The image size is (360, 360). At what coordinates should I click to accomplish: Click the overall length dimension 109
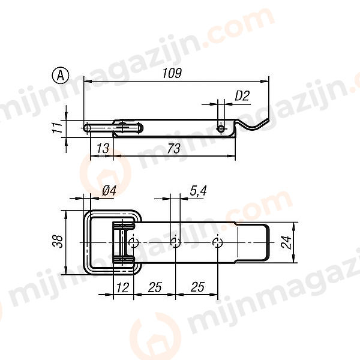(x=172, y=73)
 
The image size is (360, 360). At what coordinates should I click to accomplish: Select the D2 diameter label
(x=242, y=95)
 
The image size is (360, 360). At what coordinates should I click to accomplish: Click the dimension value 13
(x=102, y=148)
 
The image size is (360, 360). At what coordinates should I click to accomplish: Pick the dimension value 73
(x=173, y=148)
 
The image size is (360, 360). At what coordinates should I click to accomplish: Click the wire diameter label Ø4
(x=109, y=190)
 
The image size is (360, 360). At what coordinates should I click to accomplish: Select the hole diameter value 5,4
(x=199, y=190)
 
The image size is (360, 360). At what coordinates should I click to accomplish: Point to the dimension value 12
(x=122, y=287)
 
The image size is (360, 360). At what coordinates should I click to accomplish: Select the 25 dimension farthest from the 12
(x=196, y=287)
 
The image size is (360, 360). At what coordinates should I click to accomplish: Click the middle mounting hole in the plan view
(x=175, y=242)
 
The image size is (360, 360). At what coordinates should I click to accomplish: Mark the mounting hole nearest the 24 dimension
(x=218, y=242)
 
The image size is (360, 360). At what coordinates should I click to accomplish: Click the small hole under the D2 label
(x=221, y=128)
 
